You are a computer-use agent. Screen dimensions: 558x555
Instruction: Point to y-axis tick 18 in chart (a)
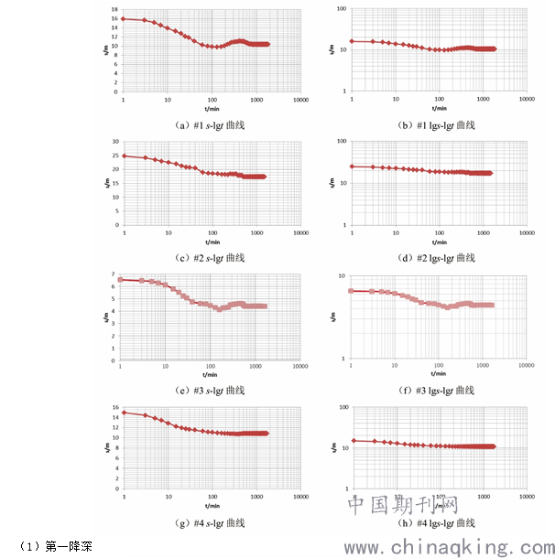tap(114, 8)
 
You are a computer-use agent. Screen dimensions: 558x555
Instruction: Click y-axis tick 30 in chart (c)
tap(114, 142)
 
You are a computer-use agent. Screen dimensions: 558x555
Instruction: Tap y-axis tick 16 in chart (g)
tap(114, 408)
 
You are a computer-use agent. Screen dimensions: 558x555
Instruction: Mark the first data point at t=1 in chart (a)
tap(124, 18)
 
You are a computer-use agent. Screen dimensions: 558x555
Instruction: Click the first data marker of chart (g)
tap(124, 413)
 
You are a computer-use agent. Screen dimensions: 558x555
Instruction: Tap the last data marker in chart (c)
tap(265, 177)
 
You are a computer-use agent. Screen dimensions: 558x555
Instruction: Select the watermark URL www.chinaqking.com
tap(448, 547)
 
